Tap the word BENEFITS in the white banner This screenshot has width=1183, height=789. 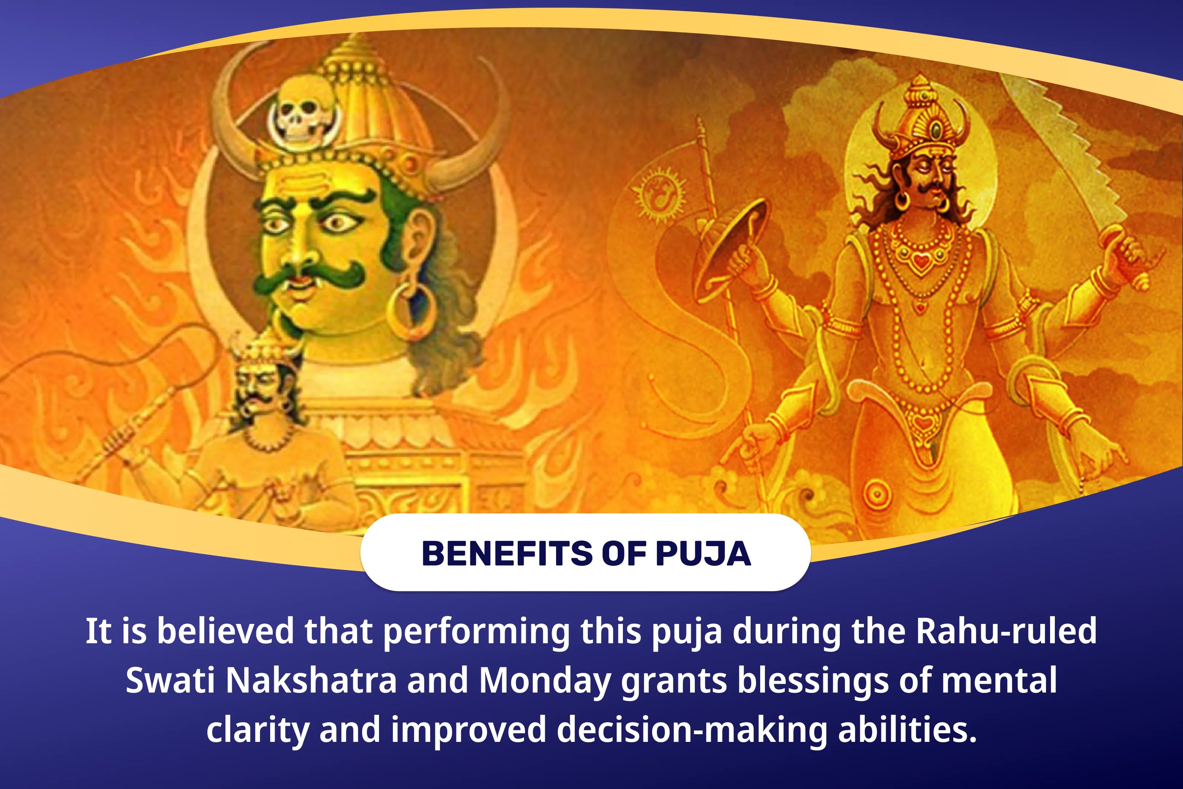pyautogui.click(x=508, y=554)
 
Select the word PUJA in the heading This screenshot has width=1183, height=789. pyautogui.click(x=703, y=554)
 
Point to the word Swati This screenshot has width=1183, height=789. pyautogui.click(x=171, y=680)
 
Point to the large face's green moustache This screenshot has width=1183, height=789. pyautogui.click(x=308, y=276)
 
